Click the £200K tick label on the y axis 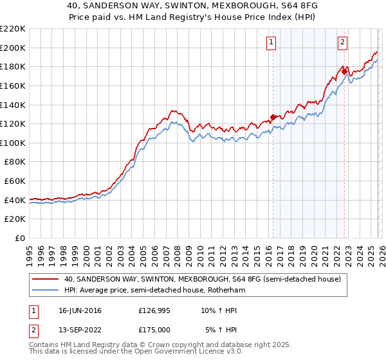pos(13,48)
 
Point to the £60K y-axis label pos(15,181)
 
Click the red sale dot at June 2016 pos(273,117)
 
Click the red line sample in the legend pos(45,278)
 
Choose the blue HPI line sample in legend pos(45,290)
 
